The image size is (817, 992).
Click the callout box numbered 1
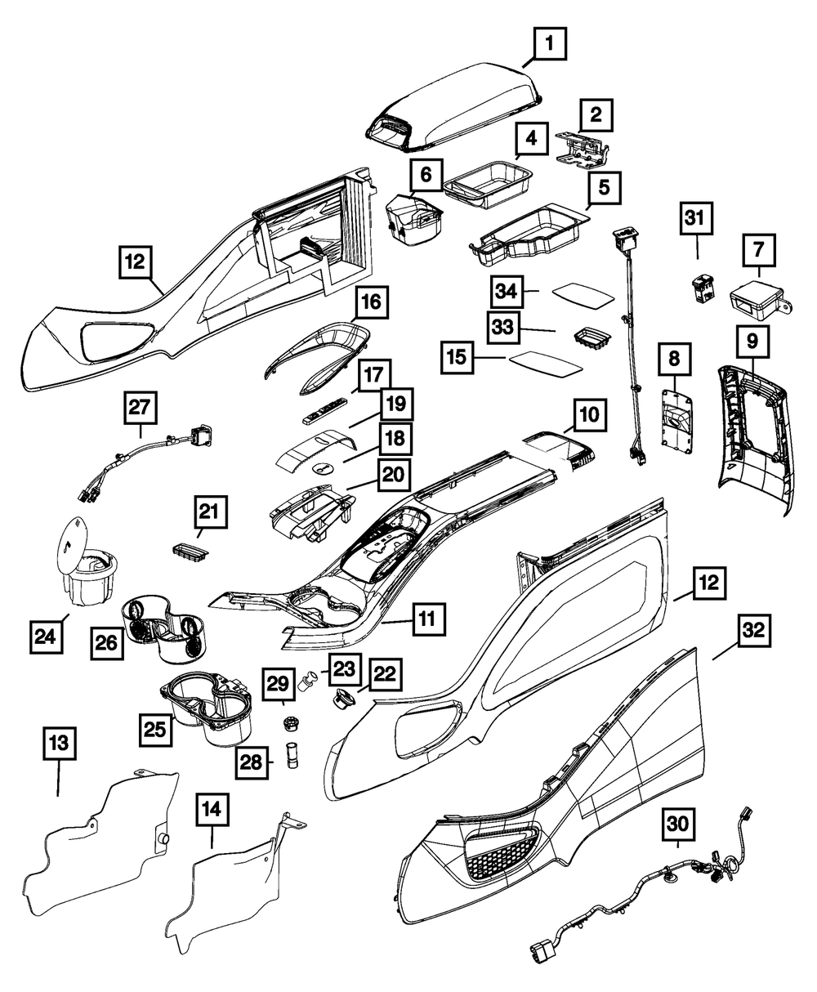click(x=550, y=42)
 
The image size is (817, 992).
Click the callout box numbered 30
click(x=678, y=826)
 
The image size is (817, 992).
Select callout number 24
click(x=48, y=635)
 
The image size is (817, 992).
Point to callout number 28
click(x=252, y=762)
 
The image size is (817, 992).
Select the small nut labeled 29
click(x=288, y=724)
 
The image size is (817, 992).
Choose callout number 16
click(x=370, y=306)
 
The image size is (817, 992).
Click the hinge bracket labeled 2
click(x=585, y=150)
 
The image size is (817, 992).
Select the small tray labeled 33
click(x=591, y=338)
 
